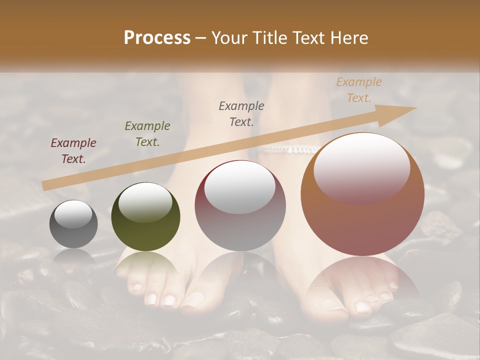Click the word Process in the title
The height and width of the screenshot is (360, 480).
point(157,37)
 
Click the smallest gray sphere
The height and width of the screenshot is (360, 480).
point(73,224)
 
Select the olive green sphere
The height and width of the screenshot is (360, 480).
point(145,217)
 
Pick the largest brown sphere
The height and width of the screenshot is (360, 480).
point(362,194)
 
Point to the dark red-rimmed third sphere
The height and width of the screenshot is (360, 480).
point(240,205)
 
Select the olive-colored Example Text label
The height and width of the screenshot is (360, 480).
point(147,133)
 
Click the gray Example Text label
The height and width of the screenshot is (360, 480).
point(241,113)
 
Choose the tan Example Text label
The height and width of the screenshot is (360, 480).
point(358,90)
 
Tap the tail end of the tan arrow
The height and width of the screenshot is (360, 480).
point(45,186)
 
